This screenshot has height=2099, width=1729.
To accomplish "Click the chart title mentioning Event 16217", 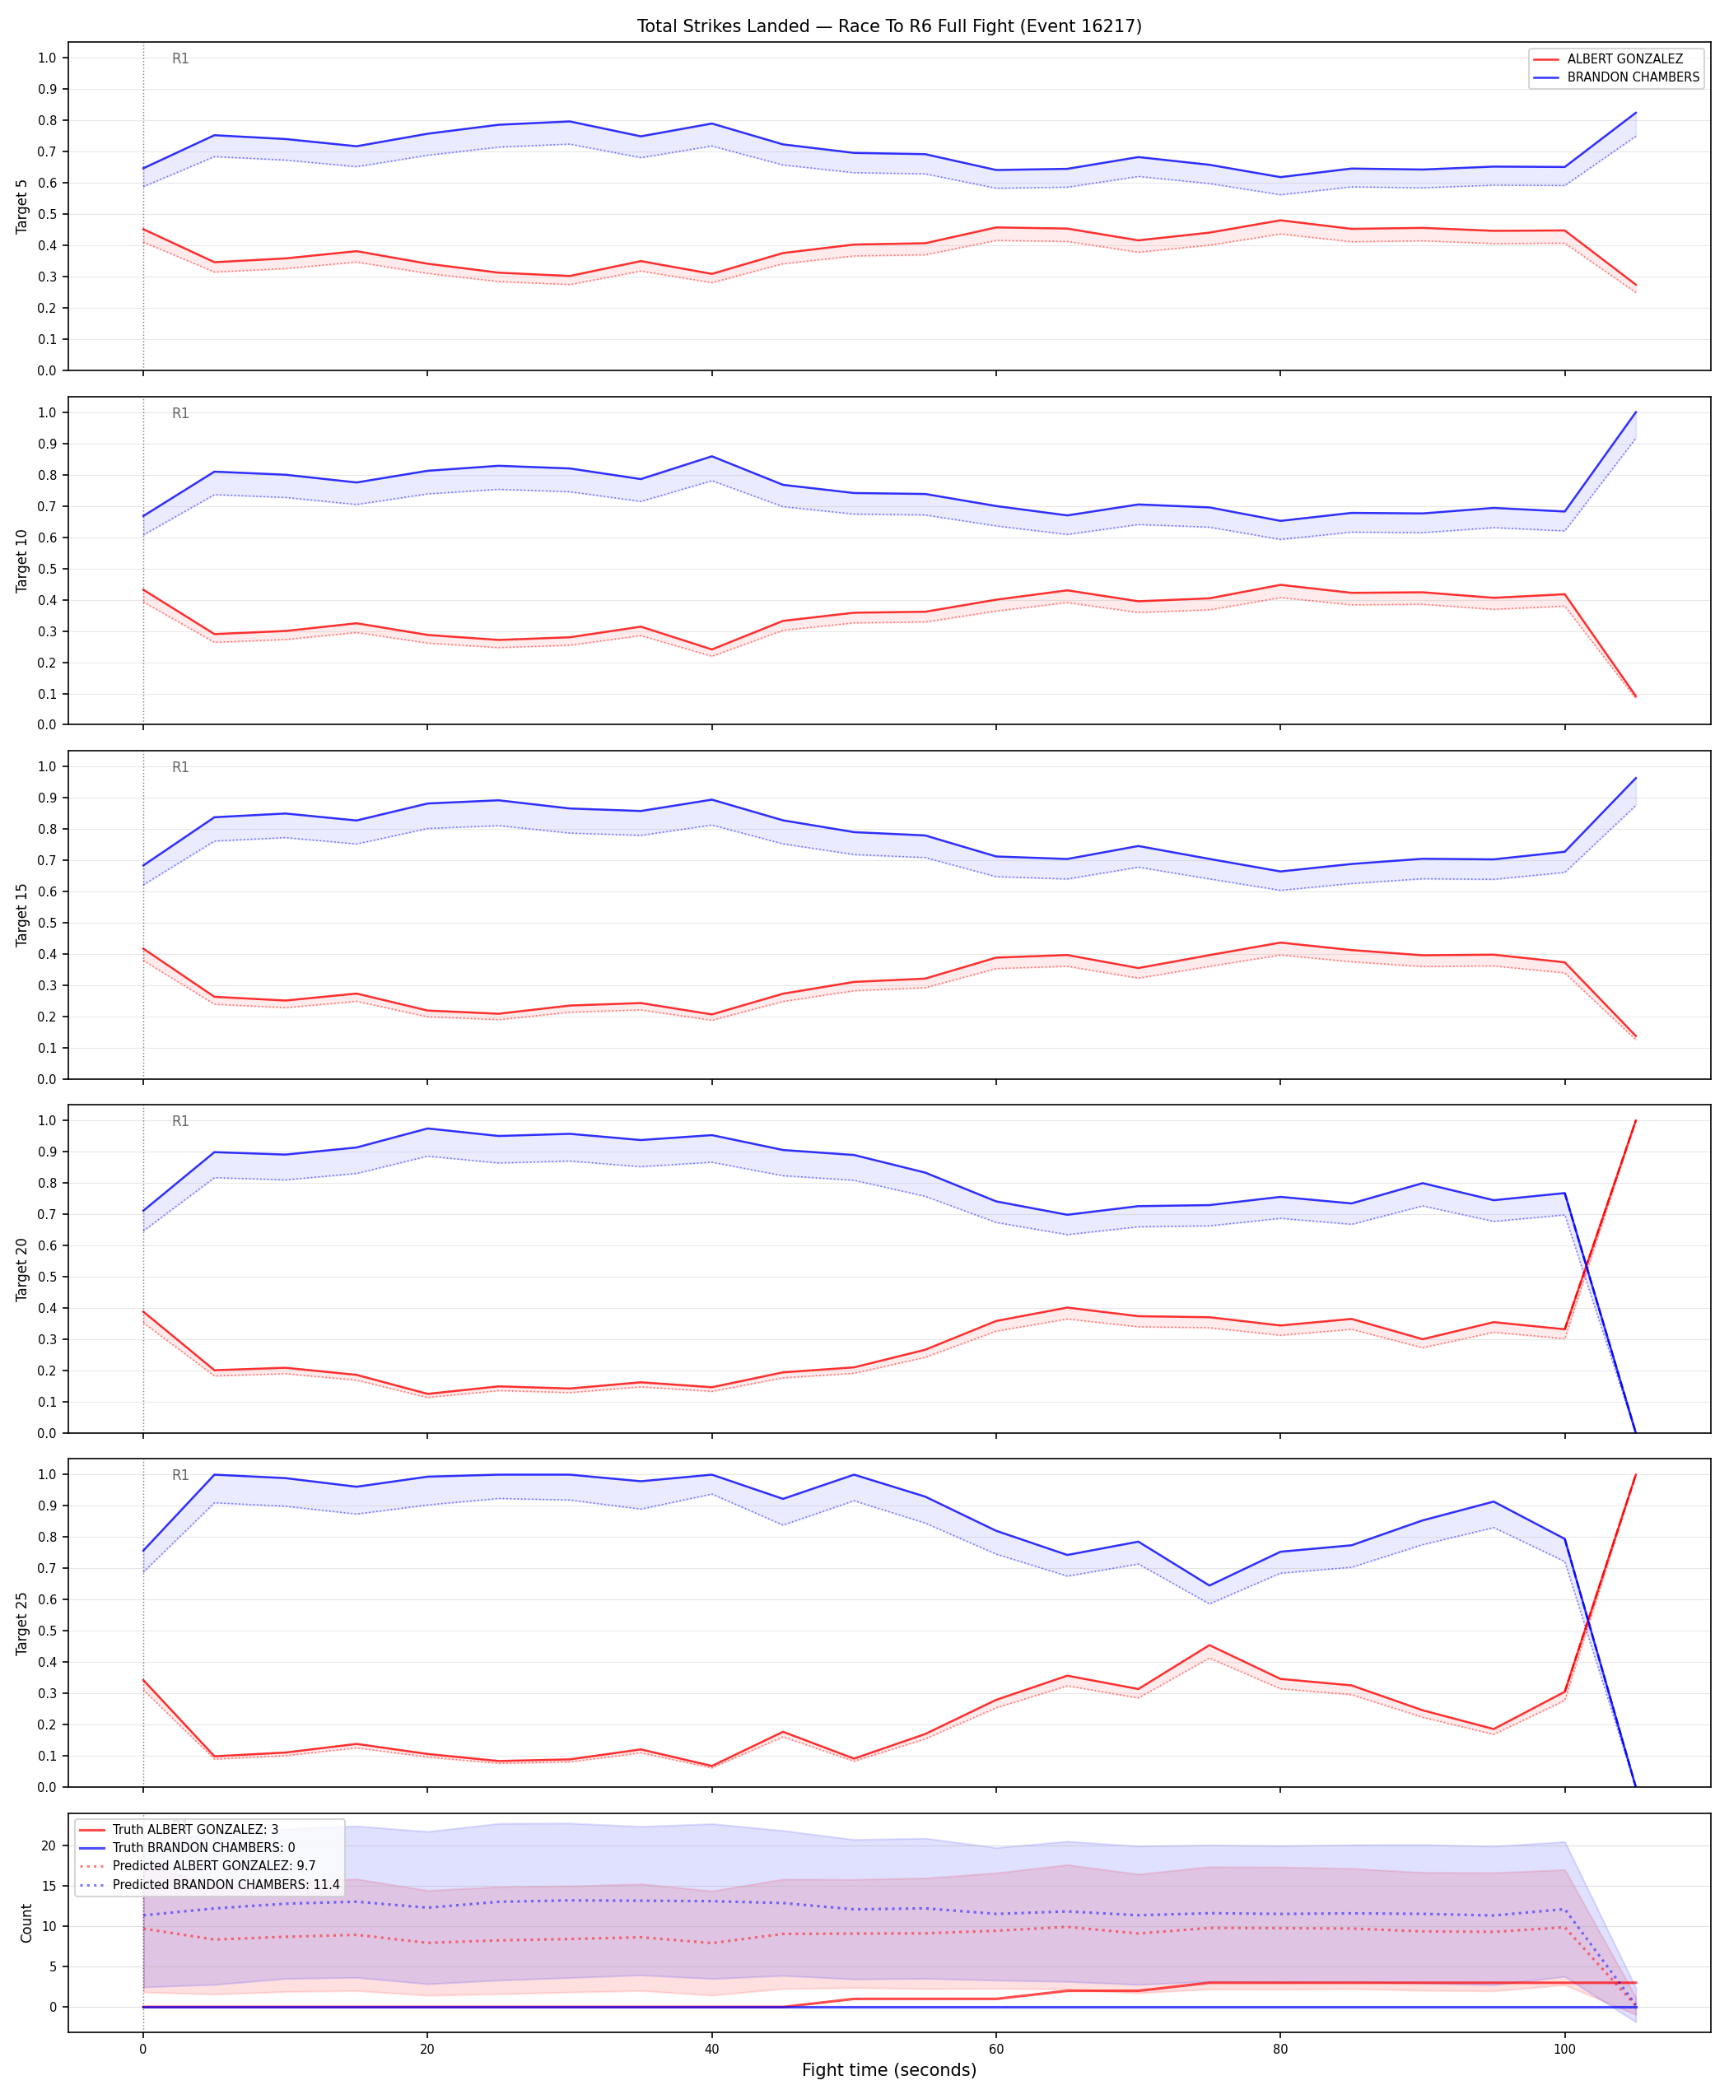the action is coord(889,26).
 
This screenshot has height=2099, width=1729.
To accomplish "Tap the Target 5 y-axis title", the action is coord(22,206).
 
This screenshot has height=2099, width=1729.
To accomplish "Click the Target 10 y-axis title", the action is coord(22,561).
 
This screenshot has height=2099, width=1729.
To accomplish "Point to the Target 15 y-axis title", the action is coord(22,914).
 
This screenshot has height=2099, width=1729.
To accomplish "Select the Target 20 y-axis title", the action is coord(22,1268).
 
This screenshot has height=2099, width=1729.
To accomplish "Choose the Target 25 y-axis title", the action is coord(22,1622).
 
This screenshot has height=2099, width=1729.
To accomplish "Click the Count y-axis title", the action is coord(26,1923).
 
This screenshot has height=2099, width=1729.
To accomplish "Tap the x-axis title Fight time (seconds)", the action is coord(889,2070).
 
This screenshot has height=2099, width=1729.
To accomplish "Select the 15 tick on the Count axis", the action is coord(49,1886).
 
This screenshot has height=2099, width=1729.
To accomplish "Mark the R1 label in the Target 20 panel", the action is coord(180,1121).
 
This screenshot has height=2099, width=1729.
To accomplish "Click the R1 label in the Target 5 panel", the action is coord(180,58).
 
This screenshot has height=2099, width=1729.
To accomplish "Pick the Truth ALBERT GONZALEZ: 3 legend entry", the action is coord(195,1829).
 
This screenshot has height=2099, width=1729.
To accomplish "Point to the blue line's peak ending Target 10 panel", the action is coord(1635,412).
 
